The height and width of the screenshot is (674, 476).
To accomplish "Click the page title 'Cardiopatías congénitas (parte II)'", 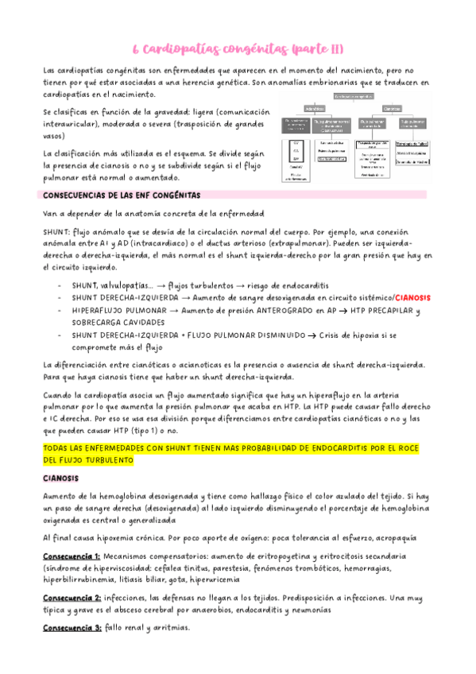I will point(238,49).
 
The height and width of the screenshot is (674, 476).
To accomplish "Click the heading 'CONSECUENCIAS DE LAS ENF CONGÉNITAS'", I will point(121,195).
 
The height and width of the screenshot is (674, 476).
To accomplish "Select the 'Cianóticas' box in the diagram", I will point(392,108).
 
